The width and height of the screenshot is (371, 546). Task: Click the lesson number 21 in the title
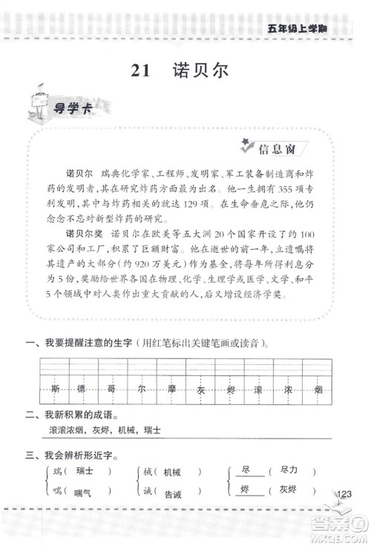tap(140, 71)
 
